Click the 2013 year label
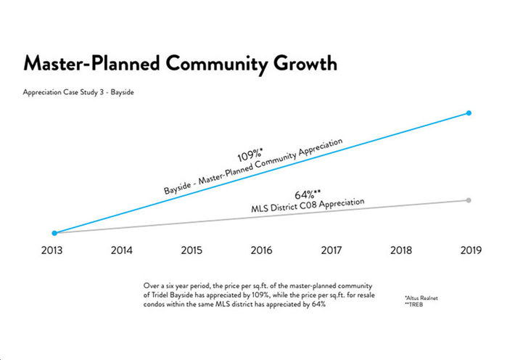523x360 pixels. pos(53,250)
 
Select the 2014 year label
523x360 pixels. pos(122,250)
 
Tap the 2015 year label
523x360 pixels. pos(192,250)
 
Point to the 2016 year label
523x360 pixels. pos(261,250)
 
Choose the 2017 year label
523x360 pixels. pos(331,250)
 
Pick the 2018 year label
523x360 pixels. pos(400,250)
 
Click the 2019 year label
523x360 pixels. pos(469,250)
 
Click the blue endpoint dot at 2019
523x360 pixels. pos(469,113)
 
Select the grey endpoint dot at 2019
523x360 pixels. pos(469,200)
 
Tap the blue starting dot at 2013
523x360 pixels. pos(54,233)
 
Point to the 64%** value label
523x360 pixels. pos(308,195)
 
